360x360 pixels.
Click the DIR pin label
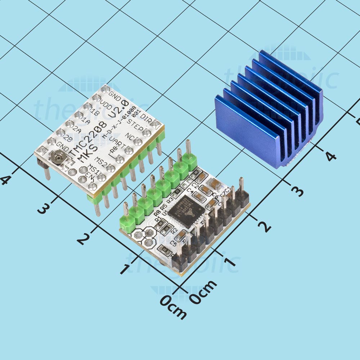[x=145, y=118]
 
